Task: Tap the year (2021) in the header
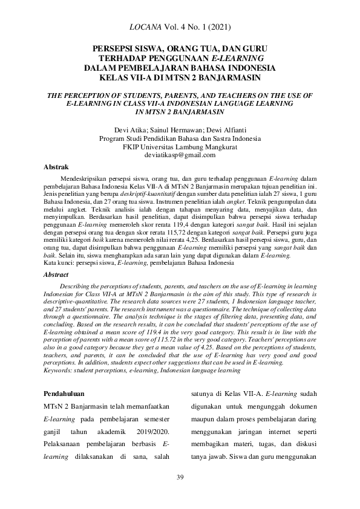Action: tap(218, 27)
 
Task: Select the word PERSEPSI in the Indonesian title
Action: tap(114, 47)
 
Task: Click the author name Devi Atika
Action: tap(129, 130)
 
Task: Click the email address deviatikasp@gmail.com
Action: tap(180, 155)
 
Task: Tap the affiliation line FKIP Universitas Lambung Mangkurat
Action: tap(180, 147)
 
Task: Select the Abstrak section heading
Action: tap(56, 166)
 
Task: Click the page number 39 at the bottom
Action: tap(180, 478)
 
